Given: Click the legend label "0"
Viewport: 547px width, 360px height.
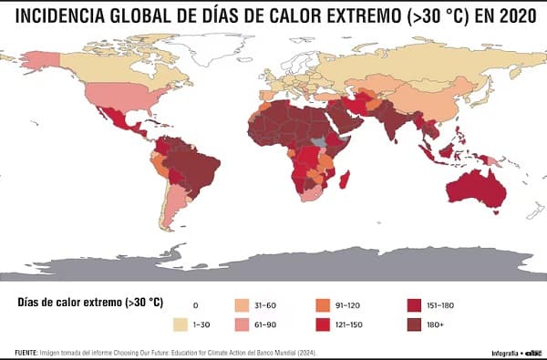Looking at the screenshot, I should (x=195, y=304).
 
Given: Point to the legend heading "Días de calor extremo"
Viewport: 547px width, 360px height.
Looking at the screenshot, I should (x=77, y=303).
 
